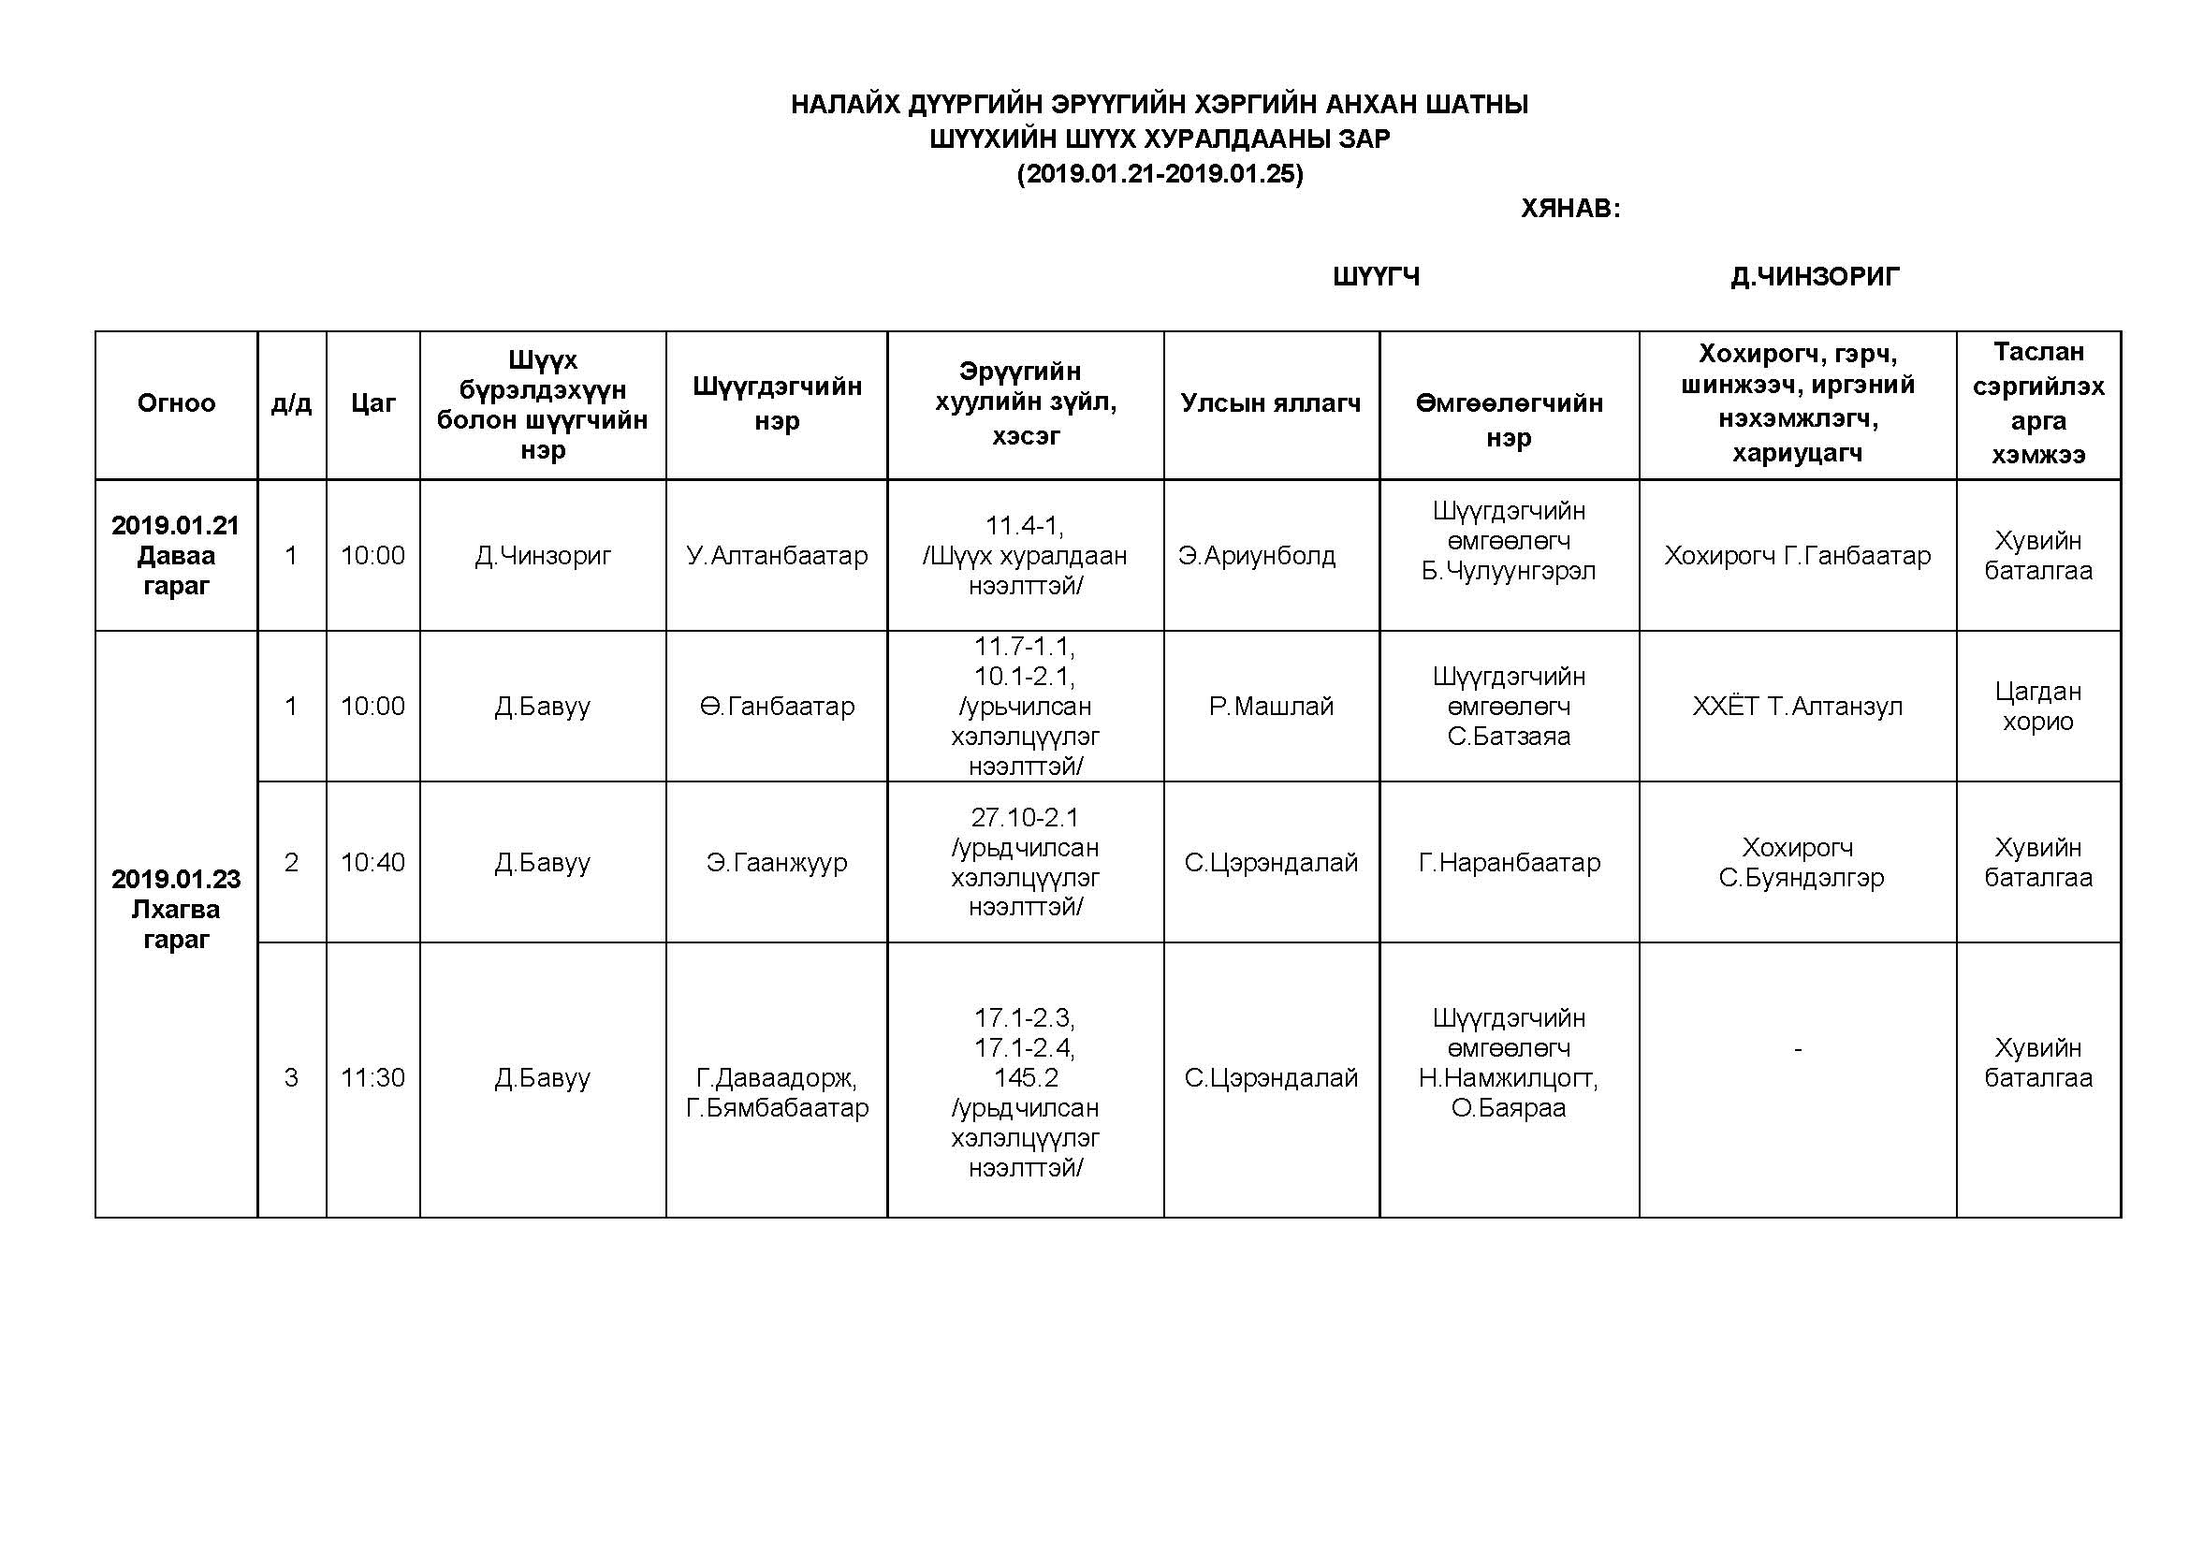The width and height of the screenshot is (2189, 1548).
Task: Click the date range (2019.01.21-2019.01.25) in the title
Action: point(1160,174)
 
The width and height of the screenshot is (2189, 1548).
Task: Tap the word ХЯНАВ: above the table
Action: point(1569,209)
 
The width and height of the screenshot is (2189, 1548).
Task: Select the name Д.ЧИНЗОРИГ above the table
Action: point(1815,276)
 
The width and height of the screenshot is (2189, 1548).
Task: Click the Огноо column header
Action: point(176,403)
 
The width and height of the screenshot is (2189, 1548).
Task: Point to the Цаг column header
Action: point(372,403)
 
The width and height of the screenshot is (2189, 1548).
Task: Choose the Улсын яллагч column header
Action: point(1270,403)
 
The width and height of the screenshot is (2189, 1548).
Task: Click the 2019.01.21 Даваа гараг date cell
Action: point(176,555)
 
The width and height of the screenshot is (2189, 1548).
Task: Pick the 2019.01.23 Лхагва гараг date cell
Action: point(176,909)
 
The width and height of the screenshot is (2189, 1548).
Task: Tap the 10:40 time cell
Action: point(372,863)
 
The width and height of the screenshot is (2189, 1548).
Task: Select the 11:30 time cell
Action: point(372,1078)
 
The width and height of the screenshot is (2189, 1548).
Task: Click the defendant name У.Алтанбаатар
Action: point(776,556)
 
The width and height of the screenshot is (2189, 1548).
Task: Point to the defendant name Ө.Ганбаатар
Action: point(776,707)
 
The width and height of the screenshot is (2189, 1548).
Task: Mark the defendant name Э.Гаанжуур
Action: point(776,863)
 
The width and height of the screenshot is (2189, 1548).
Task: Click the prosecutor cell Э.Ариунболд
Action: point(1257,556)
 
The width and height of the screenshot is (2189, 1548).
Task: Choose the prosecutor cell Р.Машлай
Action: point(1270,707)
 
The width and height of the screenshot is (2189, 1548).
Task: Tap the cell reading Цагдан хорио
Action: point(2037,707)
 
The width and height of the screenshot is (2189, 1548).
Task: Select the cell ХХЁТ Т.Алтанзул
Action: point(1796,707)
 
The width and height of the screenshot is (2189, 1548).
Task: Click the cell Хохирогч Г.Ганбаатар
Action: point(1796,556)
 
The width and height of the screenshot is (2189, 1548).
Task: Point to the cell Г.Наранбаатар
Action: point(1509,863)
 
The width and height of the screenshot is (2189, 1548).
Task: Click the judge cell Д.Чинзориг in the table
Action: point(543,556)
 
